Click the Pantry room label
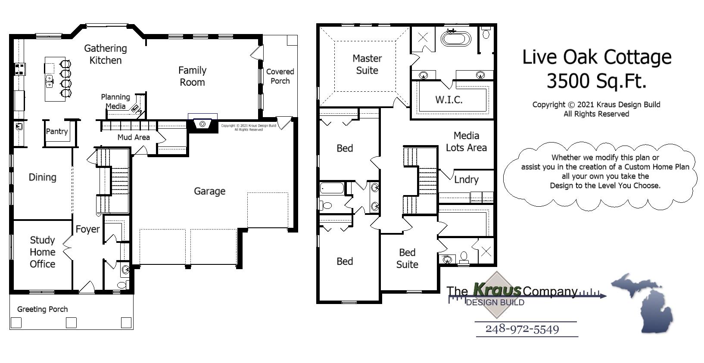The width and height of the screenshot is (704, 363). point(57,131)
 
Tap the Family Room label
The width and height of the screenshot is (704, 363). point(192,76)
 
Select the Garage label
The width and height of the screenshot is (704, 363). point(209,191)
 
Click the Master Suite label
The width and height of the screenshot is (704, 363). point(367,64)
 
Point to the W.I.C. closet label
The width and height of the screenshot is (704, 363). point(449,100)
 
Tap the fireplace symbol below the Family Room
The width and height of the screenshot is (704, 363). point(202,124)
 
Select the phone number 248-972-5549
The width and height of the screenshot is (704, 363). point(522,329)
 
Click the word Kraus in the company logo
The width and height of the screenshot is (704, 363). point(497,290)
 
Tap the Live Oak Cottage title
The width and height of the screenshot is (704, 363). point(597,57)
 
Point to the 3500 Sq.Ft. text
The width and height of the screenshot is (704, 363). point(597,81)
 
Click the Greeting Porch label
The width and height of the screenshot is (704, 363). point(42,309)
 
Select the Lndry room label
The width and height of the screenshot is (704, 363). point(466,180)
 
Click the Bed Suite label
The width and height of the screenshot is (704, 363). point(407,258)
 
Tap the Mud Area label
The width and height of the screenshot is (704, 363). point(134,137)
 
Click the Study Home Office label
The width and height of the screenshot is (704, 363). point(42,252)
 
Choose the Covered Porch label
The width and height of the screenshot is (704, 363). point(280,76)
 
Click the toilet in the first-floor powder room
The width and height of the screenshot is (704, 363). point(122,285)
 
